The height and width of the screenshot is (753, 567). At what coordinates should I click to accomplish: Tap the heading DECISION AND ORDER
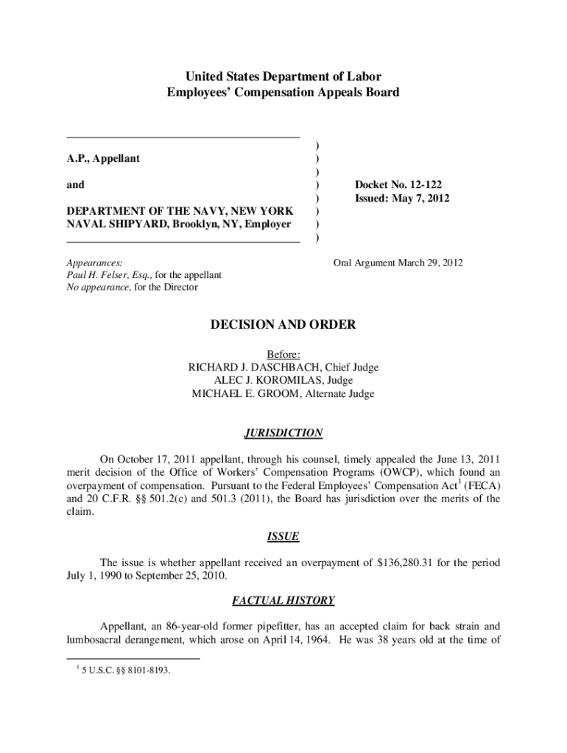(x=283, y=324)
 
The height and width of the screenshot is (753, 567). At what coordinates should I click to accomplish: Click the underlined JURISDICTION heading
(x=283, y=433)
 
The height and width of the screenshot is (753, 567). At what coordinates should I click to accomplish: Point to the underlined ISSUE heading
(x=283, y=537)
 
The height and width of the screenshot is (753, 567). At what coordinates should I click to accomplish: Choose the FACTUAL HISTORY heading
(x=283, y=601)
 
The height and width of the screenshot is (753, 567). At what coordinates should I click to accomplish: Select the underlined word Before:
(x=283, y=354)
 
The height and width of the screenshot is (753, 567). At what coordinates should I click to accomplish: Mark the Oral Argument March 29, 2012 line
(x=398, y=263)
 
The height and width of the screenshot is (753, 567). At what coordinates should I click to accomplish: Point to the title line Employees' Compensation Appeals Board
(x=283, y=93)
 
